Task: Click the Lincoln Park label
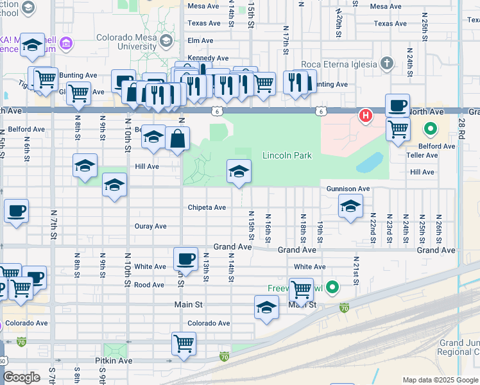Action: tap(287, 156)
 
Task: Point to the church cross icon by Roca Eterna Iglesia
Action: tap(386, 63)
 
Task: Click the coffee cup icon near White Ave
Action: tap(185, 259)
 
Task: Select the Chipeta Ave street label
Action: tap(207, 207)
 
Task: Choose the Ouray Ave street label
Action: tap(151, 226)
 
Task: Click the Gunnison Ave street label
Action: tap(348, 189)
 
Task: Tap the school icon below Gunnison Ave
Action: tap(350, 206)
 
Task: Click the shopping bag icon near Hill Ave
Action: tap(177, 138)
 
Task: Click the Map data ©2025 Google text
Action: tap(440, 380)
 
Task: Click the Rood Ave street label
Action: tap(150, 285)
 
